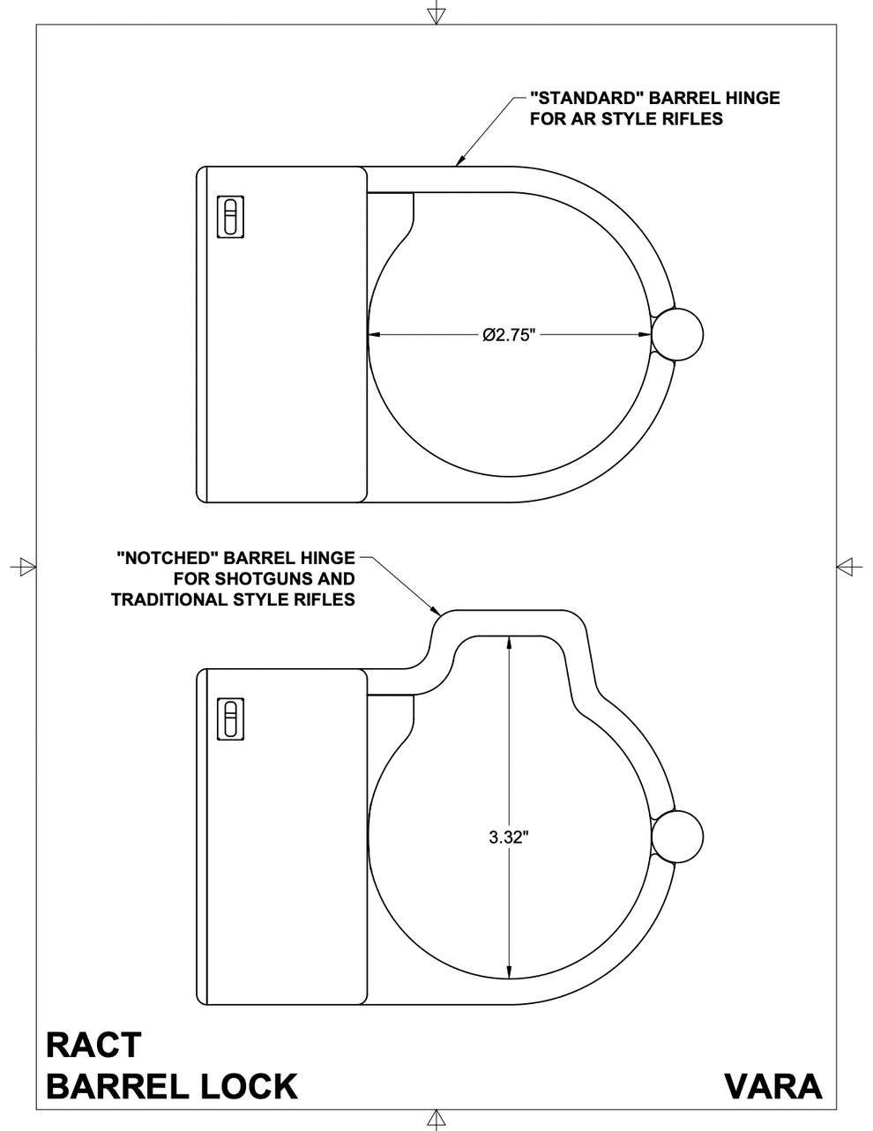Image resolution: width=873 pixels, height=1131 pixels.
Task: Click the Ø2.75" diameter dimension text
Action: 509,335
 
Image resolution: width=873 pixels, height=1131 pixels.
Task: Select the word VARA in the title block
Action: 772,1086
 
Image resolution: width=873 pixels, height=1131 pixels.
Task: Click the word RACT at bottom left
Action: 93,1045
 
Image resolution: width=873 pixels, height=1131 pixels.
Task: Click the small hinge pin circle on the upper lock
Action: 677,334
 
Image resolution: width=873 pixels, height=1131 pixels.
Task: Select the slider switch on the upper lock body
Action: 230,216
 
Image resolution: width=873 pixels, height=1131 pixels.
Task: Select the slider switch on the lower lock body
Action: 230,718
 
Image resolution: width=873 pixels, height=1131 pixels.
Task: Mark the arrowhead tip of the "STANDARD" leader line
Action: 456,164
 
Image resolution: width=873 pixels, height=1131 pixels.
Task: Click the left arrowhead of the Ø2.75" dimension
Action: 371,334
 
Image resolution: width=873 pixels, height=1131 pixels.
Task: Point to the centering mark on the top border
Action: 435,15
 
